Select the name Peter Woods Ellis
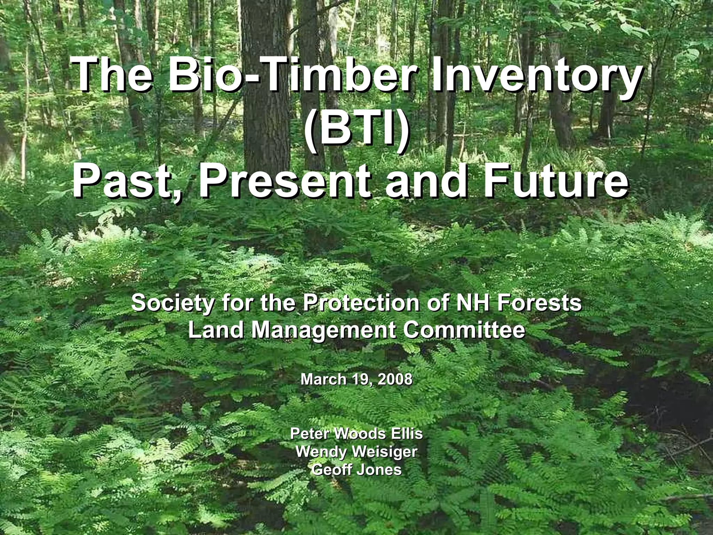pyautogui.click(x=356, y=434)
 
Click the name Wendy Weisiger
pyautogui.click(x=356, y=452)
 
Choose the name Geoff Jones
pyautogui.click(x=356, y=470)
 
